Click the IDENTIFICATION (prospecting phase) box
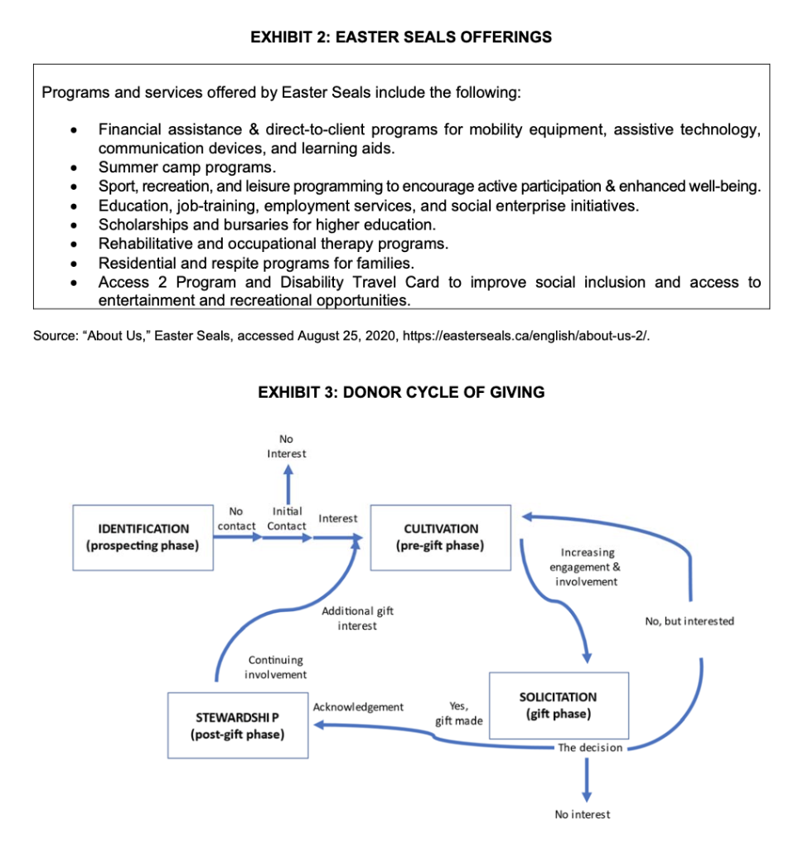[x=143, y=537]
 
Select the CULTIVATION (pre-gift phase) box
[x=440, y=537]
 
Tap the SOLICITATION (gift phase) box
[x=558, y=705]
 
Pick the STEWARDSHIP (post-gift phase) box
[x=237, y=725]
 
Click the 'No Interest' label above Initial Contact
[x=287, y=446]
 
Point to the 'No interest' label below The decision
[x=582, y=814]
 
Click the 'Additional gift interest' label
[x=357, y=619]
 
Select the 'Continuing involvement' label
[x=275, y=667]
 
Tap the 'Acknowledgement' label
[x=358, y=707]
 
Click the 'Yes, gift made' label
[x=458, y=714]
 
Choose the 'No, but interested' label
[x=689, y=621]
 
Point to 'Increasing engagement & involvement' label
[x=587, y=567]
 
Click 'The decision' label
[x=589, y=748]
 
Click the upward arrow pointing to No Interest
[x=288, y=481]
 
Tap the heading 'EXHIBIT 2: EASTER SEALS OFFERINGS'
[x=401, y=36]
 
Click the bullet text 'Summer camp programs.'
[x=169, y=167]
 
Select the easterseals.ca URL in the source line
[x=525, y=335]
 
